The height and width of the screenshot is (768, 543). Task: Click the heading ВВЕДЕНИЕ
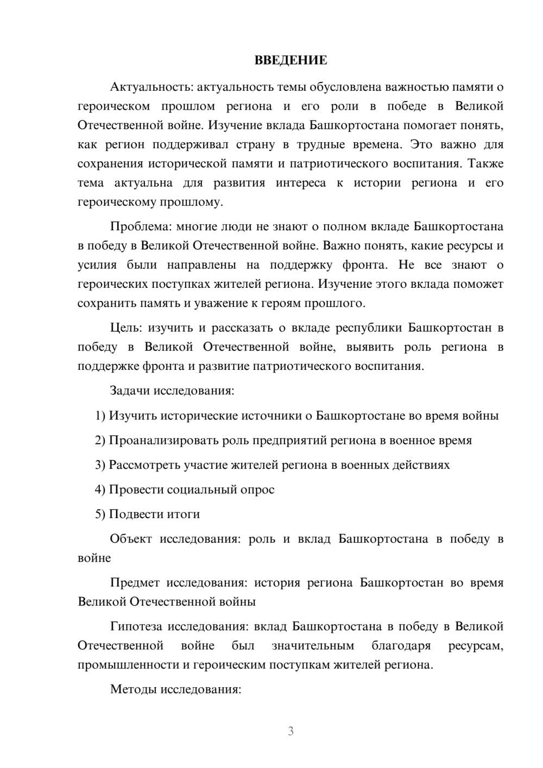click(291, 60)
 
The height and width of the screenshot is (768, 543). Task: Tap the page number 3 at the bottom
click(291, 731)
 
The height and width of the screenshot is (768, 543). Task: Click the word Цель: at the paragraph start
click(126, 328)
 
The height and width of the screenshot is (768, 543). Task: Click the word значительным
click(312, 646)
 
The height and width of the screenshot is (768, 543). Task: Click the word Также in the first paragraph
click(486, 163)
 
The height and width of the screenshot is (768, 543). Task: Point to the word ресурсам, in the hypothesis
click(476, 646)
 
